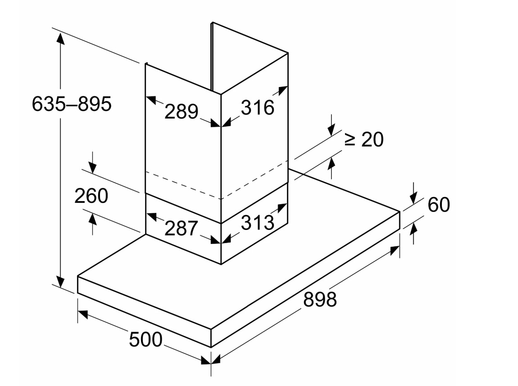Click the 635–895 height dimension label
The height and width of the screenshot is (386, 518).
coord(72,104)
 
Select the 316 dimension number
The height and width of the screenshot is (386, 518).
coord(258,107)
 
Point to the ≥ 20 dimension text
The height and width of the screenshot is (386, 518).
coord(364,139)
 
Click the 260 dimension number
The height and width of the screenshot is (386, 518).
coord(91,196)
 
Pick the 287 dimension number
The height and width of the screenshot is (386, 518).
coord(181,228)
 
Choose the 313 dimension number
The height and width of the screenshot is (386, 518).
coord(258,222)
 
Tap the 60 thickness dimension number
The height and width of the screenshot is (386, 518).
coord(439,204)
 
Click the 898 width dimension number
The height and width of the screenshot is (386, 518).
coord(320,299)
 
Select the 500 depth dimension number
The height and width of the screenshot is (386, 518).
coord(145,340)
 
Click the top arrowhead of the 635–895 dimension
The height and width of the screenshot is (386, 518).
coord(60,39)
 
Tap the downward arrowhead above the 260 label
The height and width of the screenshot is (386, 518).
coord(92,168)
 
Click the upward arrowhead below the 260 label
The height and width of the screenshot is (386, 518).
coord(92,220)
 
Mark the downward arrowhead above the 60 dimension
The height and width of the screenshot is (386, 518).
coord(413,198)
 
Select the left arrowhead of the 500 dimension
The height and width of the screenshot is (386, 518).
coord(83,314)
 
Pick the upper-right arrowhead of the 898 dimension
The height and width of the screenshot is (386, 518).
coord(395,250)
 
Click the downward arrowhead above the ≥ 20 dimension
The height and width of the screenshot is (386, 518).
coord(332,130)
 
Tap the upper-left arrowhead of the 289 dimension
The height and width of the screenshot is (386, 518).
coord(150,100)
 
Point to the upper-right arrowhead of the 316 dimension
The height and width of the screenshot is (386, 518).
coord(283,91)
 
